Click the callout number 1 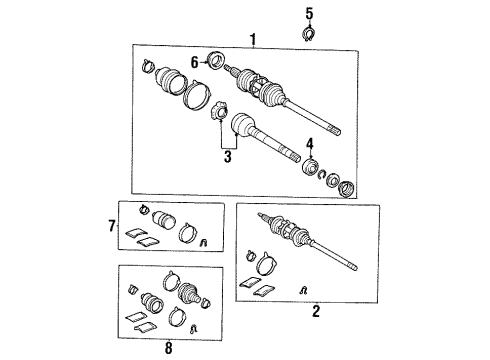point(253,39)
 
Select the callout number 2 point(316,312)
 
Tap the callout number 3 point(229,156)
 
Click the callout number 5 point(309,13)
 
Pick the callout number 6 point(195,61)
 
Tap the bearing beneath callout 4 point(312,165)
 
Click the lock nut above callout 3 point(220,114)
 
